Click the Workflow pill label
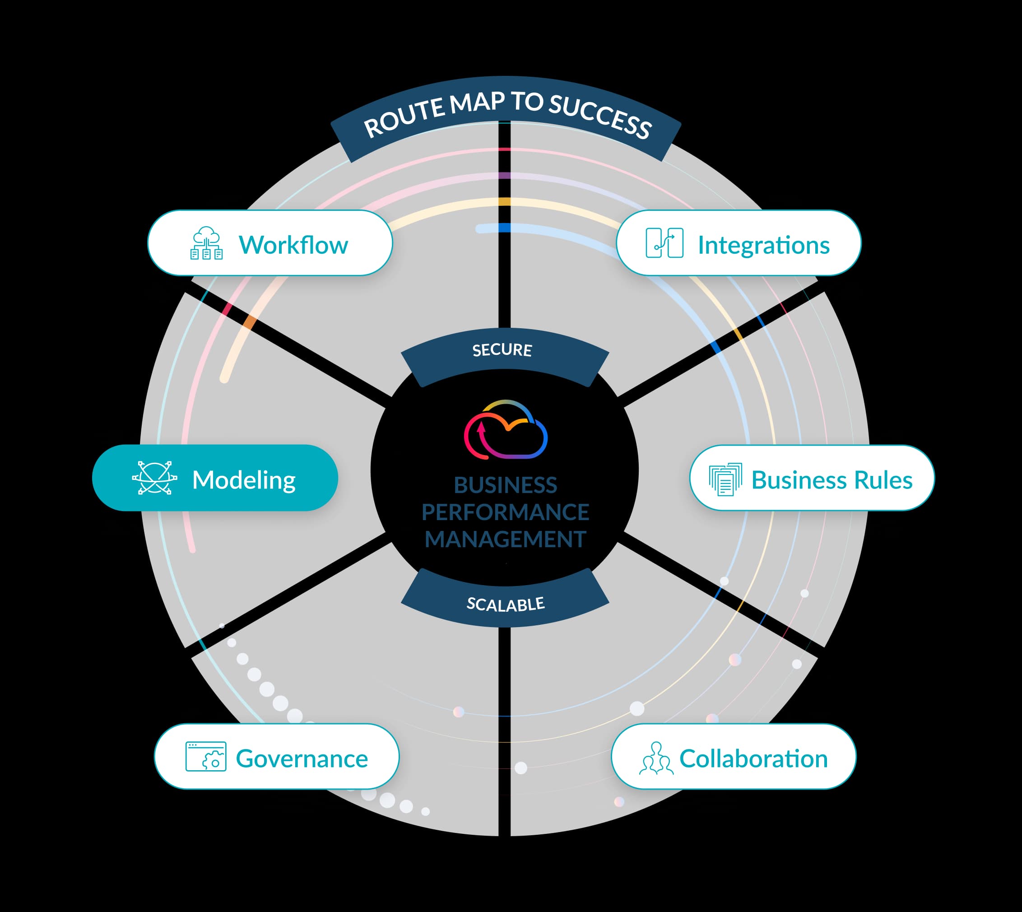tap(293, 245)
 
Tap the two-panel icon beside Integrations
tap(664, 243)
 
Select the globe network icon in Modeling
tap(154, 478)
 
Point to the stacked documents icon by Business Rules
tap(725, 479)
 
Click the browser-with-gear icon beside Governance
tap(206, 757)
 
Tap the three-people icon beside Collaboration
tap(656, 758)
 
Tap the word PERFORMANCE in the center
tap(505, 512)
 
